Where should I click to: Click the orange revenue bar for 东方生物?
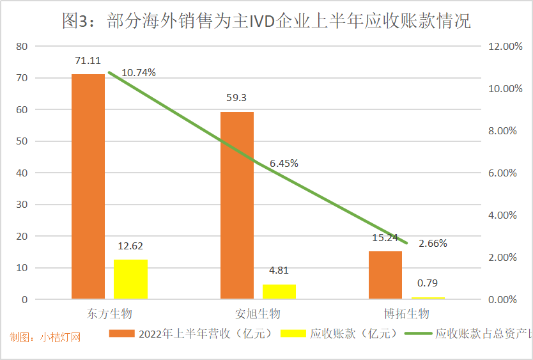(88, 186)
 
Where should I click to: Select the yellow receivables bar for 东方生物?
(130, 279)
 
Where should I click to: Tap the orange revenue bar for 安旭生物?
(236, 205)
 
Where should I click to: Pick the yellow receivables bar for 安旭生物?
(279, 292)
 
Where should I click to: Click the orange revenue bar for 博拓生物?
(385, 275)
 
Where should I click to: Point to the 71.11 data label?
(88, 61)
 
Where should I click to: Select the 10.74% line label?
(139, 73)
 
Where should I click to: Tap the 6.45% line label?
(284, 164)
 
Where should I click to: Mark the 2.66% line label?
(433, 244)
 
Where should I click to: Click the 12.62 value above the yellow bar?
(130, 246)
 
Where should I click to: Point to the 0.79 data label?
(428, 283)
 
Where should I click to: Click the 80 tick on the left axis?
(22, 46)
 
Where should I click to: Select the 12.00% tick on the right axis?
(506, 47)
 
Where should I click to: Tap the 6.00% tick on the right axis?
(503, 173)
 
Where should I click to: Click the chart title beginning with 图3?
(266, 22)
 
